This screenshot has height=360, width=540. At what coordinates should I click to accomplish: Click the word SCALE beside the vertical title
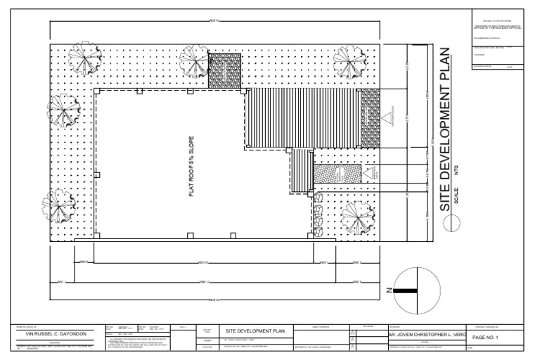457,195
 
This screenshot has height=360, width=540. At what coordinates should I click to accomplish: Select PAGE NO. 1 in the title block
485,338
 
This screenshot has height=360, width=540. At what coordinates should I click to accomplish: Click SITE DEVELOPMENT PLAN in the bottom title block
254,330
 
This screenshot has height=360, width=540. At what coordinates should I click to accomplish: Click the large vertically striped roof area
302,117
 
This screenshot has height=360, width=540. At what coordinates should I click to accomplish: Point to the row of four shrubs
317,216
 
